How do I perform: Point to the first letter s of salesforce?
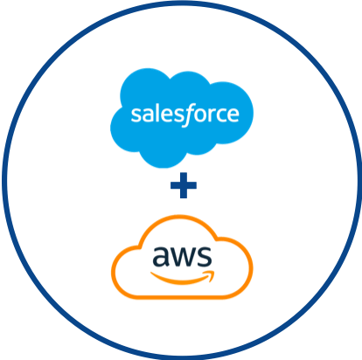coord(136,114)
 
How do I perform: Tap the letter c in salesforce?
coord(220,114)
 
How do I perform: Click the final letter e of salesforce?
coord(233,114)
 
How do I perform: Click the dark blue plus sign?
coord(184,185)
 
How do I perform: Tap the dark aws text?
coord(182,256)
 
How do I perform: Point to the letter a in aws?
coord(160,256)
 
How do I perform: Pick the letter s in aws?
coord(205,256)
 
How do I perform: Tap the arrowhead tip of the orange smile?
coord(214,272)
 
